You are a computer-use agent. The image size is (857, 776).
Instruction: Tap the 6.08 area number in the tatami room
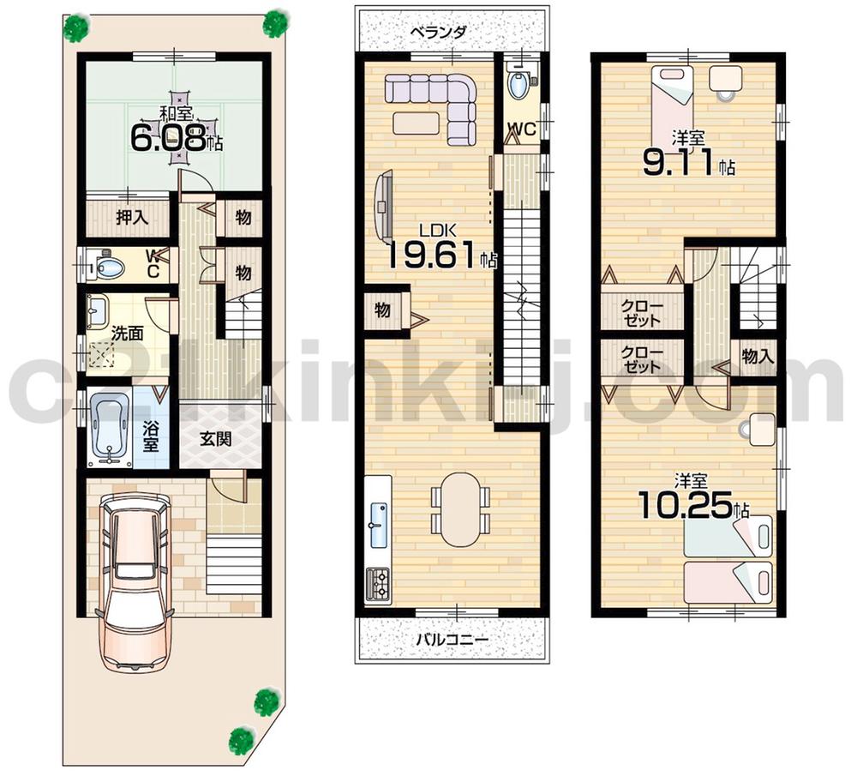tap(167, 137)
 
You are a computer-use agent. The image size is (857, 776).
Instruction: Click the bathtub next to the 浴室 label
tap(108, 425)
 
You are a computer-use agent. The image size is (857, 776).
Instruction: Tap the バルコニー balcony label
tap(452, 639)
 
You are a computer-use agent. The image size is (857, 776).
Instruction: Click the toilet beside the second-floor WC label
tap(518, 86)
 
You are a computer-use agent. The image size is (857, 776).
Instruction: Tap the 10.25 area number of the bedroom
tap(686, 506)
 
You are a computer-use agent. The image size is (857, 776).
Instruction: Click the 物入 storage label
tap(758, 357)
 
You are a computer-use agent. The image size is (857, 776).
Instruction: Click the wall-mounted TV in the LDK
tap(382, 206)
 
